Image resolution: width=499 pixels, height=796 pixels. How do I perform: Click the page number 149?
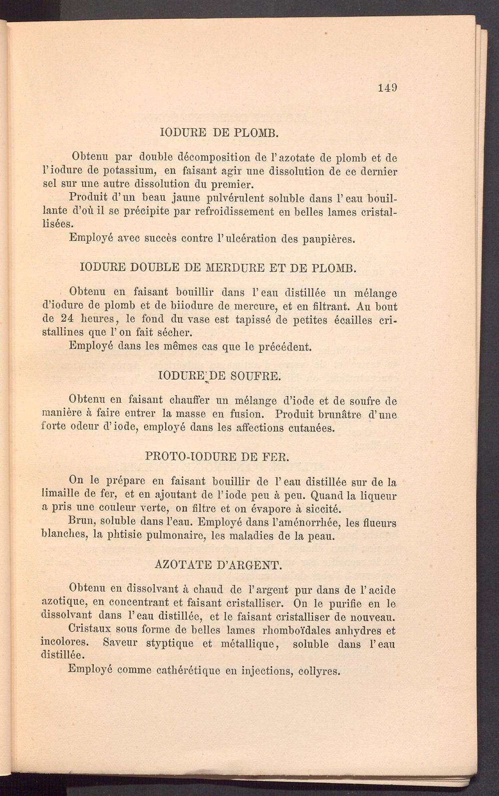387,88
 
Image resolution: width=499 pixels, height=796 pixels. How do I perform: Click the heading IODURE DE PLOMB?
218,133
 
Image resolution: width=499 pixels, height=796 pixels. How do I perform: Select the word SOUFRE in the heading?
255,376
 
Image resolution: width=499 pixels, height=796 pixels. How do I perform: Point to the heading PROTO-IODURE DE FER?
217,456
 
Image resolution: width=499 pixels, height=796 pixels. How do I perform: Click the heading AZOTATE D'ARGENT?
219,565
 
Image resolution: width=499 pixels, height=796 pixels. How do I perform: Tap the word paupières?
329,239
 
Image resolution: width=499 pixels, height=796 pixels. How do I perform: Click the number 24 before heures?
66,320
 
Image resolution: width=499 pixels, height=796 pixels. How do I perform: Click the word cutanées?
307,428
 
